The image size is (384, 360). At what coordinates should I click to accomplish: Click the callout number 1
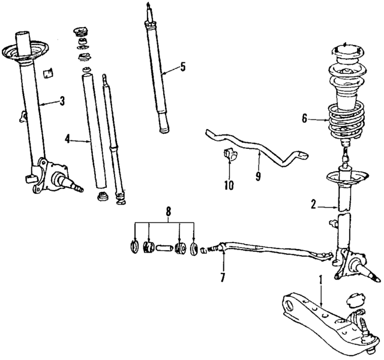click(320, 279)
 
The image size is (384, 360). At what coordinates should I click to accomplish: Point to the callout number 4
click(68, 140)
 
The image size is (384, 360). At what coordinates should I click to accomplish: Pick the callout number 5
click(183, 67)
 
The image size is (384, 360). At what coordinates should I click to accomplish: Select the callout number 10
click(229, 185)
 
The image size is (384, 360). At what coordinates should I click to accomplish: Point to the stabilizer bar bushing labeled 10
click(229, 155)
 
